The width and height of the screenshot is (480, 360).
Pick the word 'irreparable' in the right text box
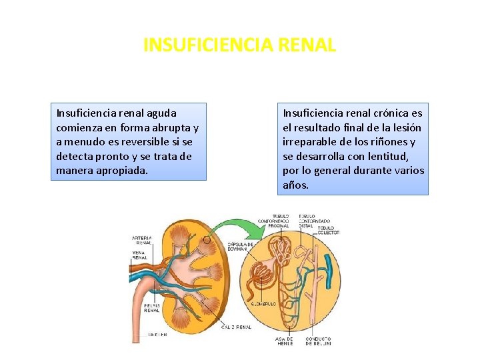(309, 141)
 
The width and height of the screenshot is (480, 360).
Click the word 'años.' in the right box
(296, 185)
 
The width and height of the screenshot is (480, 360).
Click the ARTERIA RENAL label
(141, 241)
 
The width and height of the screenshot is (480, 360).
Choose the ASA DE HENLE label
(285, 341)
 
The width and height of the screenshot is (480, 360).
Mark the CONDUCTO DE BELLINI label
(319, 341)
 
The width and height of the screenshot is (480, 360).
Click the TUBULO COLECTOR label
(328, 230)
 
